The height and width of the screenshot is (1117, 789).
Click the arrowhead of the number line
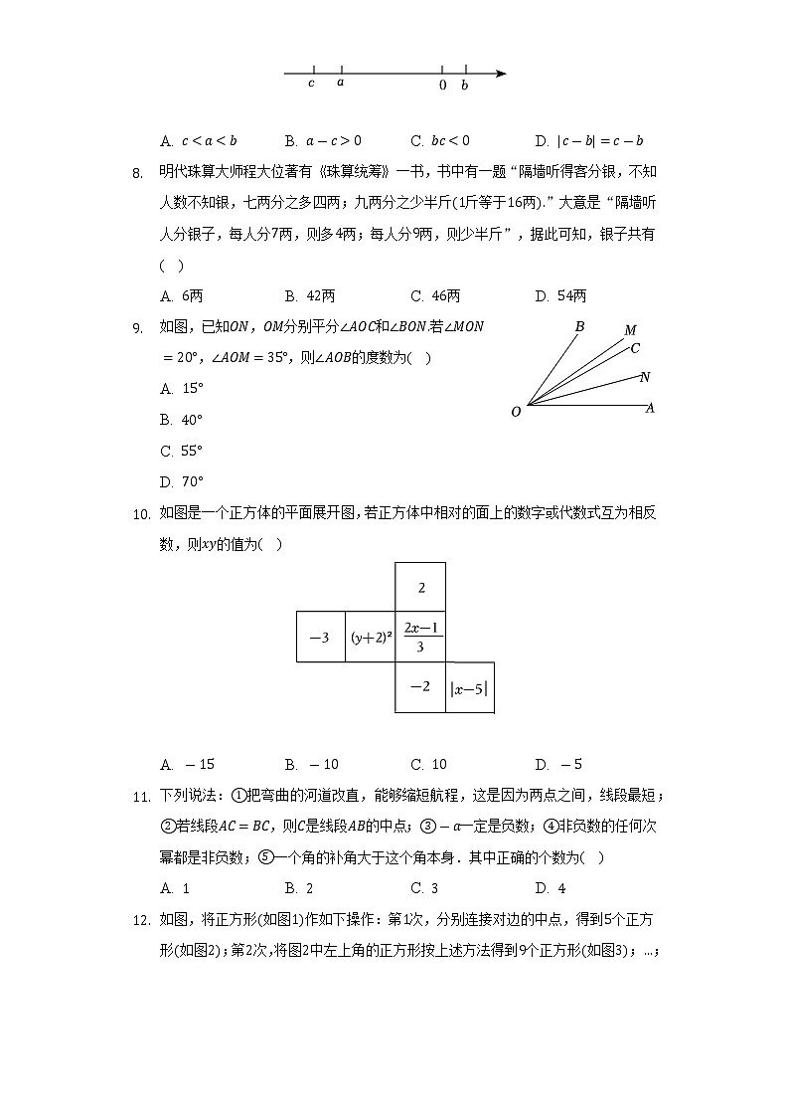[x=502, y=73]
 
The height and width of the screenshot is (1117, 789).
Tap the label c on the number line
[x=311, y=84]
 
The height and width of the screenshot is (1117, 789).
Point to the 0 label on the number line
[x=442, y=86]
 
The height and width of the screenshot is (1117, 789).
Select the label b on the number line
[x=464, y=86]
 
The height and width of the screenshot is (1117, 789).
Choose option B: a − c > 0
[x=322, y=141]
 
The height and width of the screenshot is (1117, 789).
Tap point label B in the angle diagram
[x=579, y=326]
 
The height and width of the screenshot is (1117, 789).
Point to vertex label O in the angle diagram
[x=516, y=412]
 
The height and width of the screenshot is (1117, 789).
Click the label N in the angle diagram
[x=645, y=377]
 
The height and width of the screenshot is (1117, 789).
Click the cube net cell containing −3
[x=320, y=638]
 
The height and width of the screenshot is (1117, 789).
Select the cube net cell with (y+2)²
[x=370, y=638]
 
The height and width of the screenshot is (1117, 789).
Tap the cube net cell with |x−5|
[x=469, y=687]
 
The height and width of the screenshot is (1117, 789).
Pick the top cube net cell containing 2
[x=420, y=588]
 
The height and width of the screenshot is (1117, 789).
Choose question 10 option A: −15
[x=187, y=765]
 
